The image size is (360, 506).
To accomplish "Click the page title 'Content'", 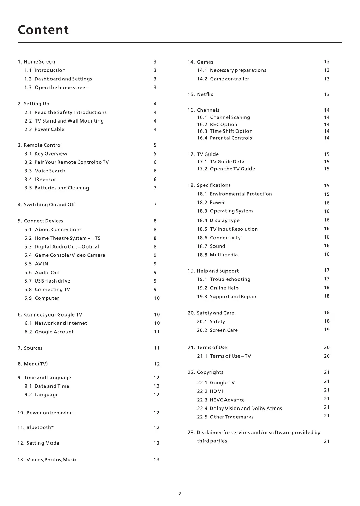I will click(x=43, y=30).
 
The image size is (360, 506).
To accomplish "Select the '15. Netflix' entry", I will click(x=200, y=94).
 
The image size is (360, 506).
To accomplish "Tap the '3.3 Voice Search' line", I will click(x=45, y=171).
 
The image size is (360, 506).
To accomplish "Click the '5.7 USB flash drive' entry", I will click(x=47, y=281).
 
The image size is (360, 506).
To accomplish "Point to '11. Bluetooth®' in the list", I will click(x=35, y=428).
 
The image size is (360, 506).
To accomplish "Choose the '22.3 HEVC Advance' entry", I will click(x=221, y=400).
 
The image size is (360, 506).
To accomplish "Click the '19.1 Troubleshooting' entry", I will click(x=223, y=279).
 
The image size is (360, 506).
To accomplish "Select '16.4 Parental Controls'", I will click(x=224, y=138).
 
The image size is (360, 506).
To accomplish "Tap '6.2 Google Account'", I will click(x=49, y=332).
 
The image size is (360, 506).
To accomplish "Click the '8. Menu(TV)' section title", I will click(x=33, y=364).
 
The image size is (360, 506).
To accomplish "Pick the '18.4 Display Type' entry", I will click(x=218, y=221).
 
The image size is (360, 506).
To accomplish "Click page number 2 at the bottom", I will click(x=180, y=494).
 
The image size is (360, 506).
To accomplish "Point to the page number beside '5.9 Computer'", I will click(x=156, y=298).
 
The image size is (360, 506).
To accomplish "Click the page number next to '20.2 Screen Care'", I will click(x=327, y=330).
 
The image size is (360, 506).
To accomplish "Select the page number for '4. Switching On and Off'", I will click(x=155, y=205).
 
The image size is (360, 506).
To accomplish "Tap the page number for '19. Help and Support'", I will click(x=327, y=271).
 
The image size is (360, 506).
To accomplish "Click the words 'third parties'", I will click(x=212, y=441).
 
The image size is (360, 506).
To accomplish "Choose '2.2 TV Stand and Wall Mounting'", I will click(x=64, y=121).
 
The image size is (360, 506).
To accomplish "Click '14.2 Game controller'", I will click(x=223, y=79).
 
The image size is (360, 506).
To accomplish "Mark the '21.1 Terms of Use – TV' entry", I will click(x=224, y=356).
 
